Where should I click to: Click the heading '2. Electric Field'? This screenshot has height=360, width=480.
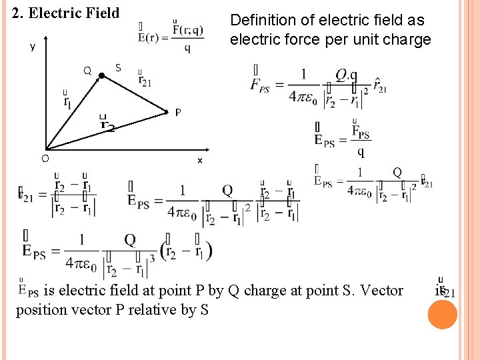pyautogui.click(x=66, y=13)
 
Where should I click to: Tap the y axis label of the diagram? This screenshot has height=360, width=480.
pyautogui.click(x=32, y=47)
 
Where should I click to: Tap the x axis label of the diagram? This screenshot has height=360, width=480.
pyautogui.click(x=199, y=161)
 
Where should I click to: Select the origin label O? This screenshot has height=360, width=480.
pyautogui.click(x=44, y=158)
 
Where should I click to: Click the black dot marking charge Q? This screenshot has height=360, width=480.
pyautogui.click(x=101, y=76)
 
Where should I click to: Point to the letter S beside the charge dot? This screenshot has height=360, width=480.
pyautogui.click(x=118, y=67)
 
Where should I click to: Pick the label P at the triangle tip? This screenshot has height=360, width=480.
pyautogui.click(x=178, y=112)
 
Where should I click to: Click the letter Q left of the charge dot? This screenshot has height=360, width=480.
pyautogui.click(x=87, y=71)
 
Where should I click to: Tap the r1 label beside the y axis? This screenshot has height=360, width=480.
pyautogui.click(x=67, y=102)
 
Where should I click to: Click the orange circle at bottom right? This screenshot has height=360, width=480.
pyautogui.click(x=442, y=315)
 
